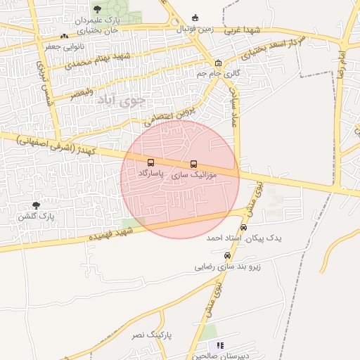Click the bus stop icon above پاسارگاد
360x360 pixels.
151,162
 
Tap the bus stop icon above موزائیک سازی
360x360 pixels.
194,164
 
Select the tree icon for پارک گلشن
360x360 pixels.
36,205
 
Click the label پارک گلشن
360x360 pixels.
36,217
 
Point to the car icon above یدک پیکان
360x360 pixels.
244,227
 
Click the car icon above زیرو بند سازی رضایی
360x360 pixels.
226,256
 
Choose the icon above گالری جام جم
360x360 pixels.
218,63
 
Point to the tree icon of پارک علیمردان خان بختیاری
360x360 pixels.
97,10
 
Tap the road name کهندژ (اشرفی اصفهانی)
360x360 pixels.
60,143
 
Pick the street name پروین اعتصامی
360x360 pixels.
172,112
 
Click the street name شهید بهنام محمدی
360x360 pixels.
98,60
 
